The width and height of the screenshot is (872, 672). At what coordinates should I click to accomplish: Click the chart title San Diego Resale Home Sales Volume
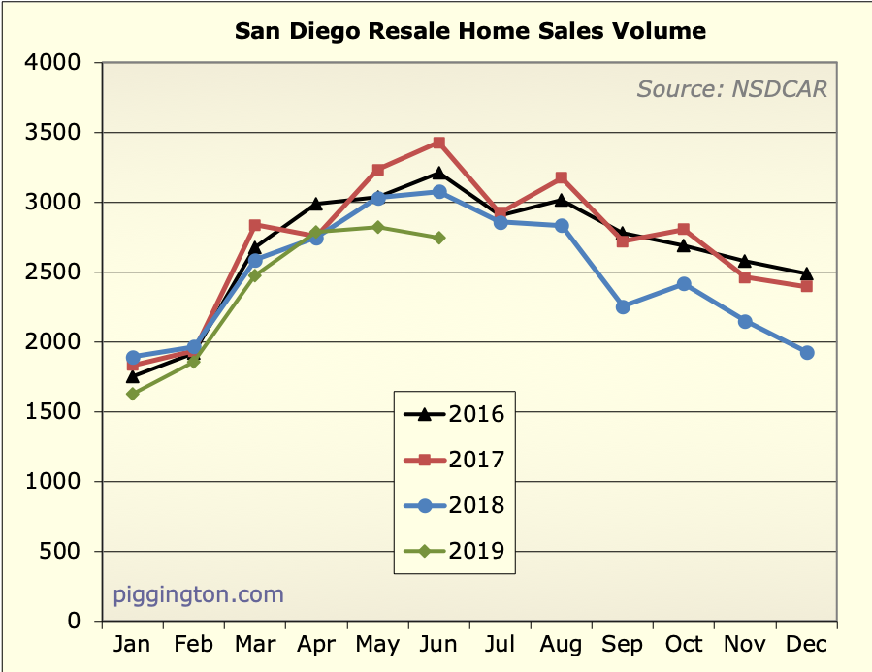point(470,31)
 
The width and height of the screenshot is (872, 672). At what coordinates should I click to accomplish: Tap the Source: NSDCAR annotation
point(732,89)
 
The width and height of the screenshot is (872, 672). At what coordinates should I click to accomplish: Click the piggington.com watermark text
point(199,593)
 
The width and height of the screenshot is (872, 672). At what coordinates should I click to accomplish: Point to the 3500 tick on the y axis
point(57,133)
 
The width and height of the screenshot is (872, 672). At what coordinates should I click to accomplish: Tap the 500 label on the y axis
point(65,552)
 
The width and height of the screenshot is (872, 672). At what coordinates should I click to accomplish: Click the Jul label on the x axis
point(501,645)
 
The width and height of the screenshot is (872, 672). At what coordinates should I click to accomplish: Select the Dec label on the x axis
point(806,645)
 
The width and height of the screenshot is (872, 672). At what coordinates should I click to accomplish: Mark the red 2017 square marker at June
point(439,143)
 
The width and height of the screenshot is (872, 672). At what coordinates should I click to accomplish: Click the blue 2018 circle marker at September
point(623,306)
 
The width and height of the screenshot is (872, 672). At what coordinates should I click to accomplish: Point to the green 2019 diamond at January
point(133,394)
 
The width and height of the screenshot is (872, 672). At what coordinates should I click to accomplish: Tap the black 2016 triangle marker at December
point(806,273)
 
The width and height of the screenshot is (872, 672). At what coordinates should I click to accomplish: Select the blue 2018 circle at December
point(806,352)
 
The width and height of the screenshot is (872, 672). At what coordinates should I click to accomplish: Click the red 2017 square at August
point(562,177)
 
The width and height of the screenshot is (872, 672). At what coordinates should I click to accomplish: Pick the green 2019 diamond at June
point(439,238)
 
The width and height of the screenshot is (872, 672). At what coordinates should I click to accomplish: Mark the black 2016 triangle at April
point(316,204)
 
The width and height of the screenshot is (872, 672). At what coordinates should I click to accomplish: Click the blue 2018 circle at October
point(684,284)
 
